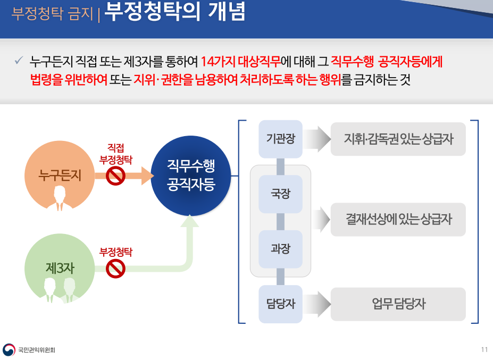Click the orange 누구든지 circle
coord(60,176)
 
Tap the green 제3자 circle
coord(60,269)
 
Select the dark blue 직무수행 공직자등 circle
coord(191,176)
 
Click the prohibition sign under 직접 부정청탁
coord(115,176)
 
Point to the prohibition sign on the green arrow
coord(115,269)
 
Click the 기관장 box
coord(280,139)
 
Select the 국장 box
coord(280,194)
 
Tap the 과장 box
coord(280,249)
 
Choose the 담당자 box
coord(280,304)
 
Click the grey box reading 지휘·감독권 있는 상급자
coord(398,139)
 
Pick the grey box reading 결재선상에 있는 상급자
coord(398,220)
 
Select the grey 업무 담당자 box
coord(398,304)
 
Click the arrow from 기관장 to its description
coord(317,139)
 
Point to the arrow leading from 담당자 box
coord(317,304)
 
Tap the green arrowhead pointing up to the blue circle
coord(189,221)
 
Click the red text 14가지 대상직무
coord(240,61)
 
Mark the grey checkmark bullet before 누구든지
coord(19,60)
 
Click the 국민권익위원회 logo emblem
coord(9,349)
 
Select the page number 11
coord(484,349)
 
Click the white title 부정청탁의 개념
coord(174,12)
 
